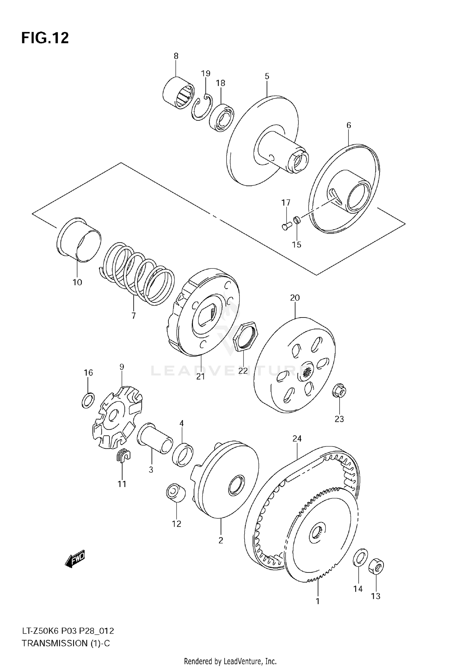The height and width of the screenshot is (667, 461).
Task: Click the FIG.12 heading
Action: (x=45, y=38)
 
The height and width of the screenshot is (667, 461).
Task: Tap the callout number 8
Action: (x=176, y=56)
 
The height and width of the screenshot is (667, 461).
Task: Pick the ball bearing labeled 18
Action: (x=221, y=118)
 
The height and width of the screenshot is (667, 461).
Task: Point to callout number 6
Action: (x=349, y=125)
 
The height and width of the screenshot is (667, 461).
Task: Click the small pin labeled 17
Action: (x=286, y=227)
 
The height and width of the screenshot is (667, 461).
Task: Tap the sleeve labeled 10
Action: (x=79, y=240)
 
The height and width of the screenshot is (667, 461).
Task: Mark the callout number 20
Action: (x=295, y=298)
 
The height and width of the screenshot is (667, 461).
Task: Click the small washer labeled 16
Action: (x=88, y=400)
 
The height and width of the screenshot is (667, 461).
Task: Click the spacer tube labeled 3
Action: (x=155, y=438)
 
